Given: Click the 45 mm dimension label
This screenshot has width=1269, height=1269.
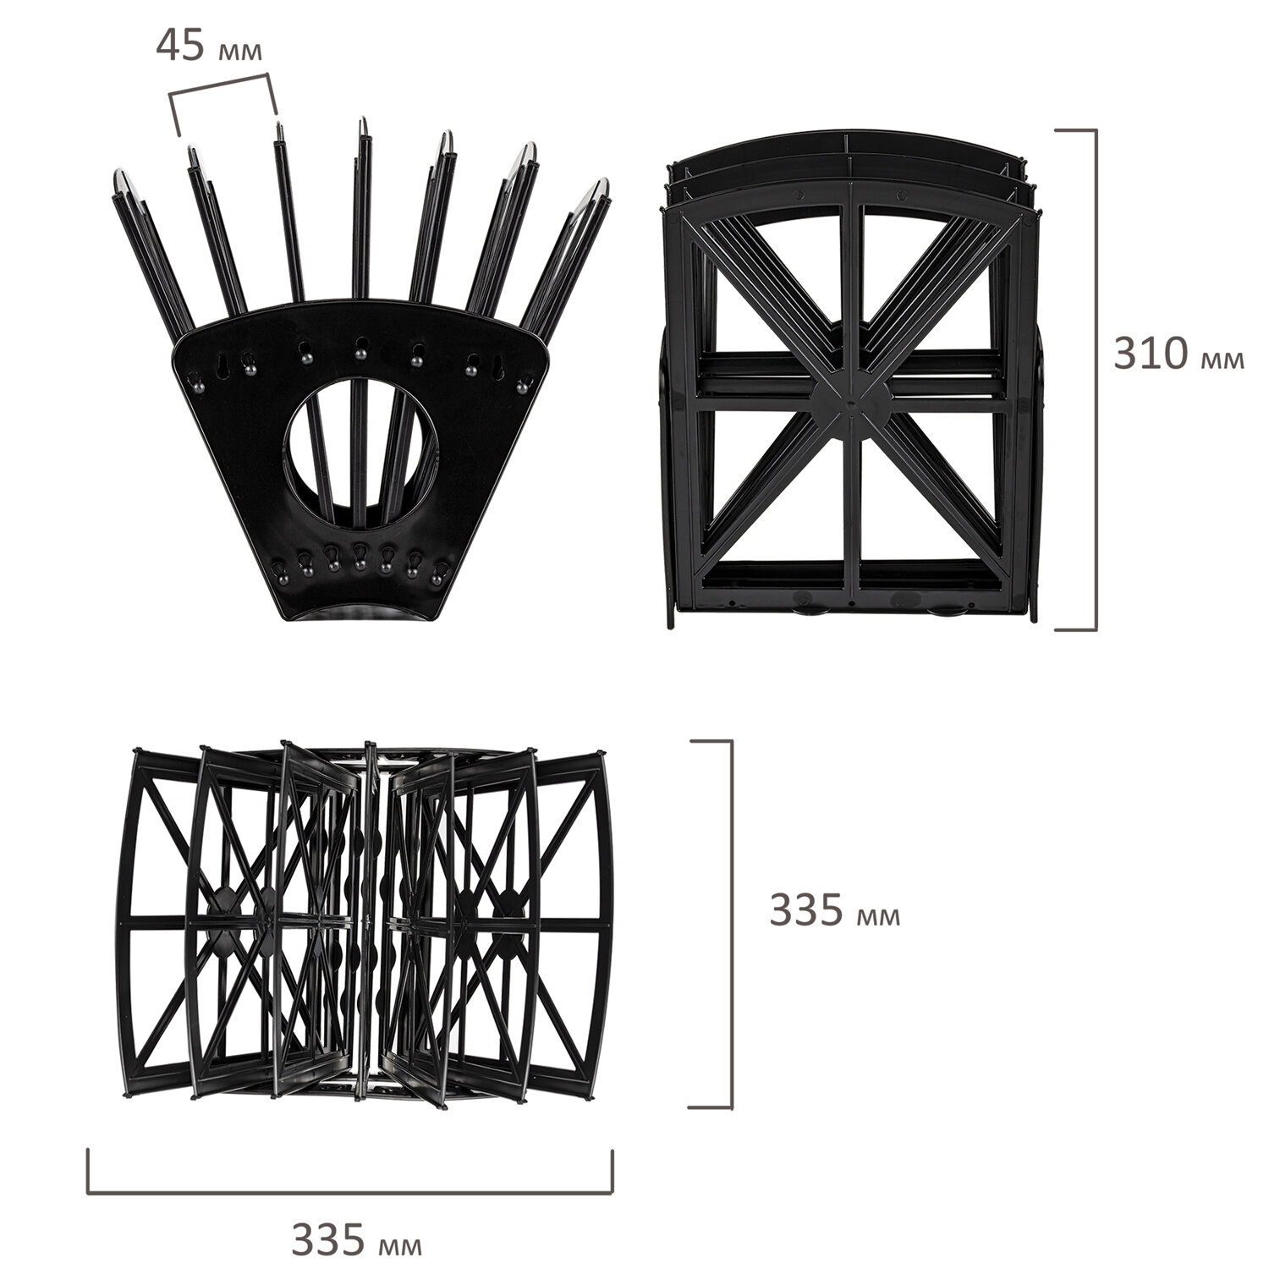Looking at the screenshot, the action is pyautogui.click(x=208, y=47).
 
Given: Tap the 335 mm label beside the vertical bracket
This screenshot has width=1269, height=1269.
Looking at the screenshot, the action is pyautogui.click(x=834, y=911).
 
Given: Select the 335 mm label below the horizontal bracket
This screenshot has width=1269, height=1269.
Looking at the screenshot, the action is pyautogui.click(x=356, y=1239).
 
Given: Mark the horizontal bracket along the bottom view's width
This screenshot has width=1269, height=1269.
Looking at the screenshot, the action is pyautogui.click(x=350, y=1193).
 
